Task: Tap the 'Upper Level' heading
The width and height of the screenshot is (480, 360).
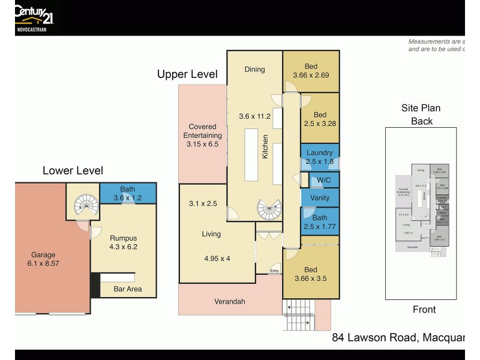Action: (187, 74)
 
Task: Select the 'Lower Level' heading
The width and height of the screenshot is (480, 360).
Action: (73, 171)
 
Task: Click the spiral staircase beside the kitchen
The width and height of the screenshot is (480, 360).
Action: (268, 209)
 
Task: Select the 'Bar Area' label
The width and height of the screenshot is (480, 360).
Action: (128, 290)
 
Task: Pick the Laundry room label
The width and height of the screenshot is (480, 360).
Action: (319, 152)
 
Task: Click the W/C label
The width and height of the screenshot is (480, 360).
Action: (323, 179)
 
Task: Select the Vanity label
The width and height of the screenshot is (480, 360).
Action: (319, 197)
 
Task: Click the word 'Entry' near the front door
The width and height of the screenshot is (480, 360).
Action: (274, 271)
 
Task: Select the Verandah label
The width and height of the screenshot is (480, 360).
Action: (230, 301)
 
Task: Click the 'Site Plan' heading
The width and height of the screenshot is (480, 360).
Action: (421, 109)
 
